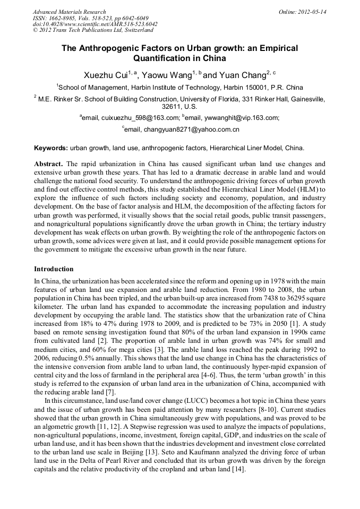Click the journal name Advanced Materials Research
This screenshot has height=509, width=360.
(x=69, y=11)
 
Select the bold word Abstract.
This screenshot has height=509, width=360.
(x=48, y=164)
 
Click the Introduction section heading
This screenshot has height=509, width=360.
(x=54, y=269)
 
